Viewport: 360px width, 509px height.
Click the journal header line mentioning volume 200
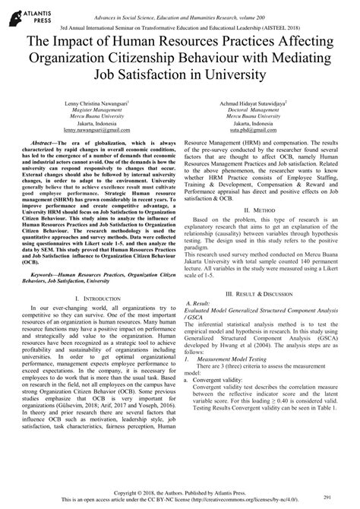pyautogui.click(x=179, y=7)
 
